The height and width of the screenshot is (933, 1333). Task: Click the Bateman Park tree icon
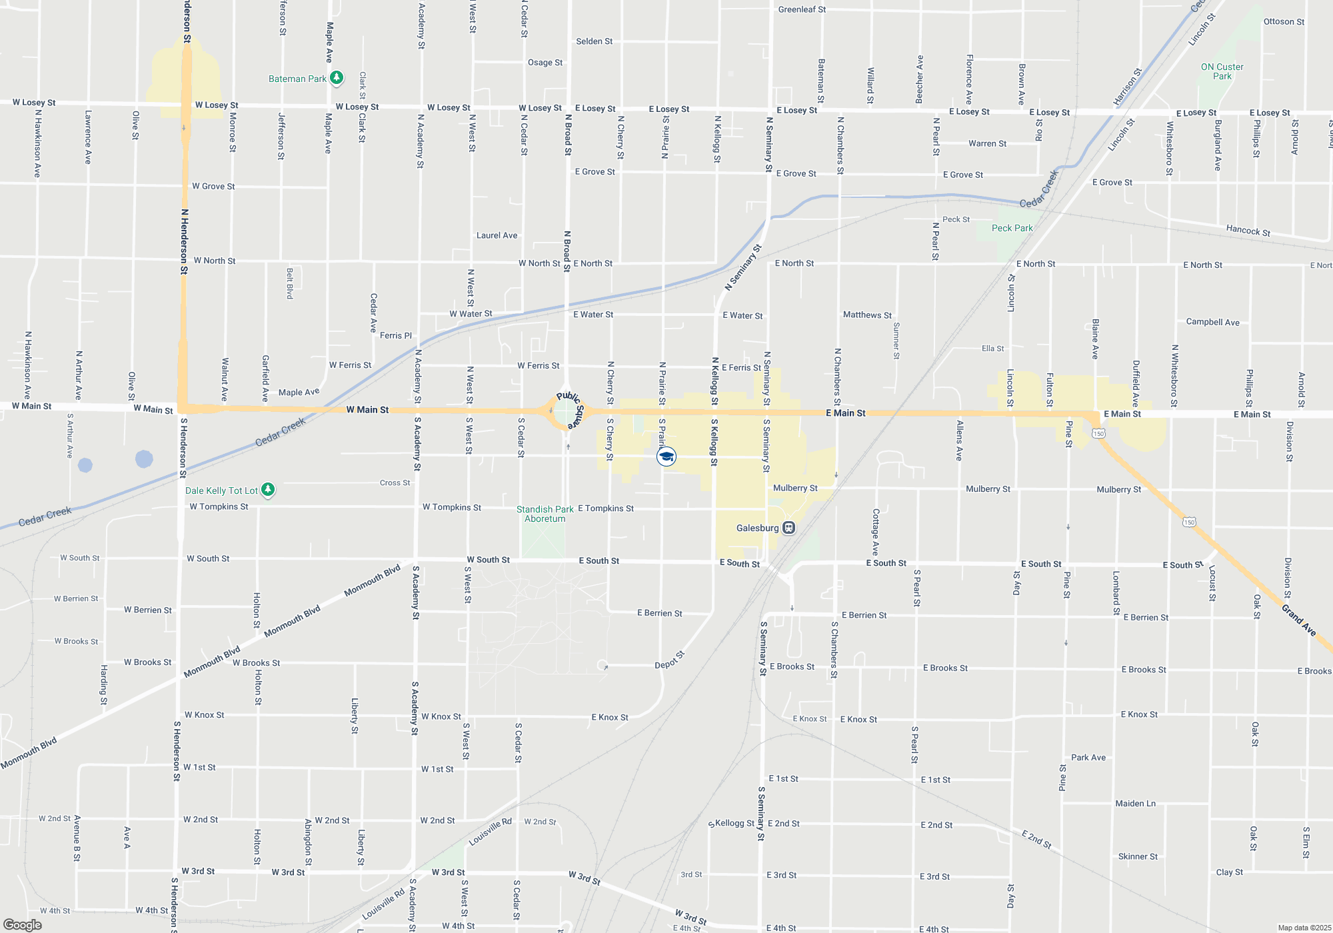click(x=337, y=78)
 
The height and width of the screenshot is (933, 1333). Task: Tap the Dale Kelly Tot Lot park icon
click(x=268, y=490)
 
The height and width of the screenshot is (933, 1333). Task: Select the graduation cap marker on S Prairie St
click(x=666, y=457)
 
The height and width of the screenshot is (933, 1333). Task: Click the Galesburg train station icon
click(x=789, y=528)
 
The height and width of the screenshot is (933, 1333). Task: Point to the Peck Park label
click(x=1012, y=228)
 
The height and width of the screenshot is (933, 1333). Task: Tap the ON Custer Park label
click(x=1222, y=71)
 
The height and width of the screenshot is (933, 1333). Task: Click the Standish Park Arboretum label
click(x=545, y=514)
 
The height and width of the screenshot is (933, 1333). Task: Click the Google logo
click(x=22, y=924)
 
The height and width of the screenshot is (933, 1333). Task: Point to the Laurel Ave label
click(x=497, y=235)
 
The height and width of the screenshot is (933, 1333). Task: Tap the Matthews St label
click(x=867, y=315)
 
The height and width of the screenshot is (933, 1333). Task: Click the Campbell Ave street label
click(x=1212, y=322)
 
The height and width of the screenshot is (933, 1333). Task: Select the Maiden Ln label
click(x=1136, y=803)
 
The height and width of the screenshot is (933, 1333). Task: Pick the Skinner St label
click(x=1138, y=856)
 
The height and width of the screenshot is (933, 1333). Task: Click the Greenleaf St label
click(x=802, y=9)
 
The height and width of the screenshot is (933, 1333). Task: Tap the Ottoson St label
click(x=1284, y=21)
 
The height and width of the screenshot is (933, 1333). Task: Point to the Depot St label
click(x=669, y=660)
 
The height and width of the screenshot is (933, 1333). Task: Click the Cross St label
click(x=395, y=482)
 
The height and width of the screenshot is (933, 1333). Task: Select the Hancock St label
click(x=1248, y=231)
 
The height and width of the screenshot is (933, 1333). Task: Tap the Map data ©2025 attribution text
click(x=1304, y=928)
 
